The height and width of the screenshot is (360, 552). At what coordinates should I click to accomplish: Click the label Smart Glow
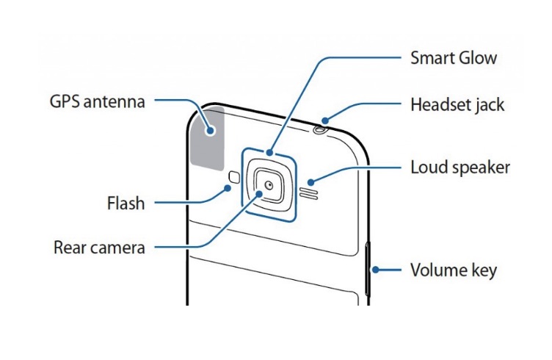coord(454,57)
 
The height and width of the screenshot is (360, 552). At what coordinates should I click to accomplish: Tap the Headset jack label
coord(457,104)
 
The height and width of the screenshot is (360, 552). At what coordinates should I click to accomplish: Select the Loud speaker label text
coord(460,167)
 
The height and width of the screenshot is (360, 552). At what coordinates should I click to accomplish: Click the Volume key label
coord(453,270)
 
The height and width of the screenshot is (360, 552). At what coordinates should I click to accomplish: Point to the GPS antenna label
coord(98,101)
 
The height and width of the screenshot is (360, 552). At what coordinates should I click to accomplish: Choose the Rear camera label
coord(99,246)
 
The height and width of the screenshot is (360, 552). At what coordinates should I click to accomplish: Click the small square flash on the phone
coord(233,177)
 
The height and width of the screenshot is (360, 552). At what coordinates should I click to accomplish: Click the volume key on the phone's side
coord(368,270)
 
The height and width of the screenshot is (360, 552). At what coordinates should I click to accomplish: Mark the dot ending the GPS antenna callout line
coord(211,131)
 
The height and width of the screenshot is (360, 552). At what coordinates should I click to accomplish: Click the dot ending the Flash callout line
coord(229,188)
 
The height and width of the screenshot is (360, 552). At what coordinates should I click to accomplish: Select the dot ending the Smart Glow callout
coord(271,153)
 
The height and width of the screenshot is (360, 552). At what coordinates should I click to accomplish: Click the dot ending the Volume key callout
coord(374,270)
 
